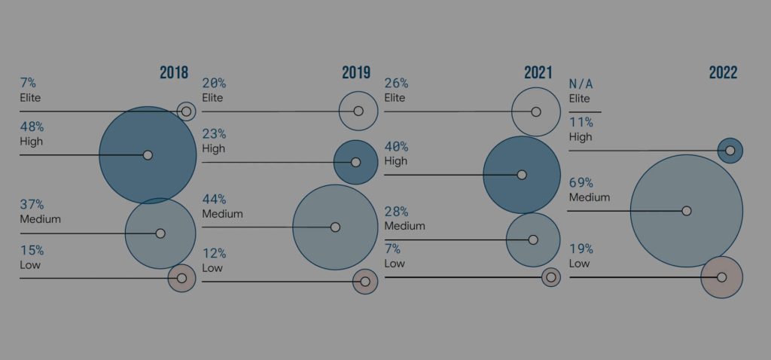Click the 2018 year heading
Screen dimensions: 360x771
click(174, 72)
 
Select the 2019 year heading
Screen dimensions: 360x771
click(356, 72)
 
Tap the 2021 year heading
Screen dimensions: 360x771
click(539, 72)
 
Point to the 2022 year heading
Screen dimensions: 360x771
click(723, 72)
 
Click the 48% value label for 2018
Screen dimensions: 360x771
click(32, 127)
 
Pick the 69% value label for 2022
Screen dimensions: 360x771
click(581, 183)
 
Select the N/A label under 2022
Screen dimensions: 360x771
click(581, 84)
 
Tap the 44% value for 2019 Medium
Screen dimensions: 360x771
click(214, 199)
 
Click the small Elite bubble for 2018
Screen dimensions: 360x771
click(186, 111)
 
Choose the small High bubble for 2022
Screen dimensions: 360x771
click(730, 151)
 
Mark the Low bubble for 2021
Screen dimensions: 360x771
click(551, 277)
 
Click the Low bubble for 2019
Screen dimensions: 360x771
click(365, 282)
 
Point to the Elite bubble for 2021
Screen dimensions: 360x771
click(535, 111)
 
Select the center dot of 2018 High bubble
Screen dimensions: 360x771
click(148, 155)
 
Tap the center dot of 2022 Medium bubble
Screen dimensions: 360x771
click(686, 211)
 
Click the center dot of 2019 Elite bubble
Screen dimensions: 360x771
click(358, 111)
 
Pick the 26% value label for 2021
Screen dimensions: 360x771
click(396, 84)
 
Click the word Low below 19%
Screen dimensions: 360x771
click(579, 264)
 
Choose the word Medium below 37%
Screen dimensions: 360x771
click(40, 219)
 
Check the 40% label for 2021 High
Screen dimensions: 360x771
click(396, 147)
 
